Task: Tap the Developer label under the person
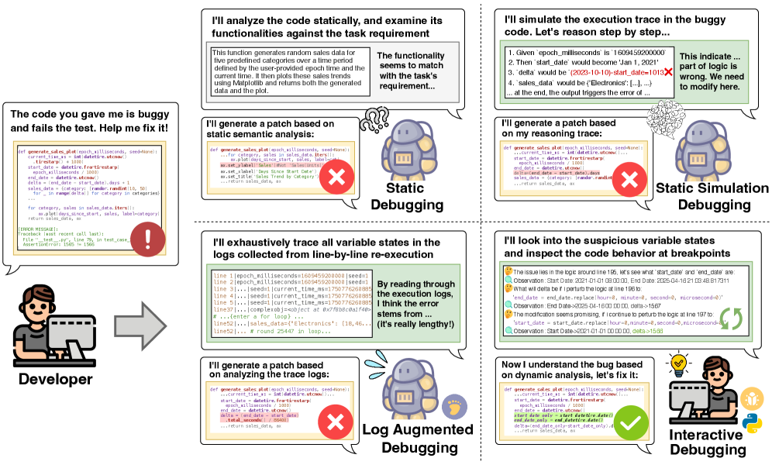pos(55,379)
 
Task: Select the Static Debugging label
pos(408,197)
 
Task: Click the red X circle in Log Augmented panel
pos(336,423)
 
